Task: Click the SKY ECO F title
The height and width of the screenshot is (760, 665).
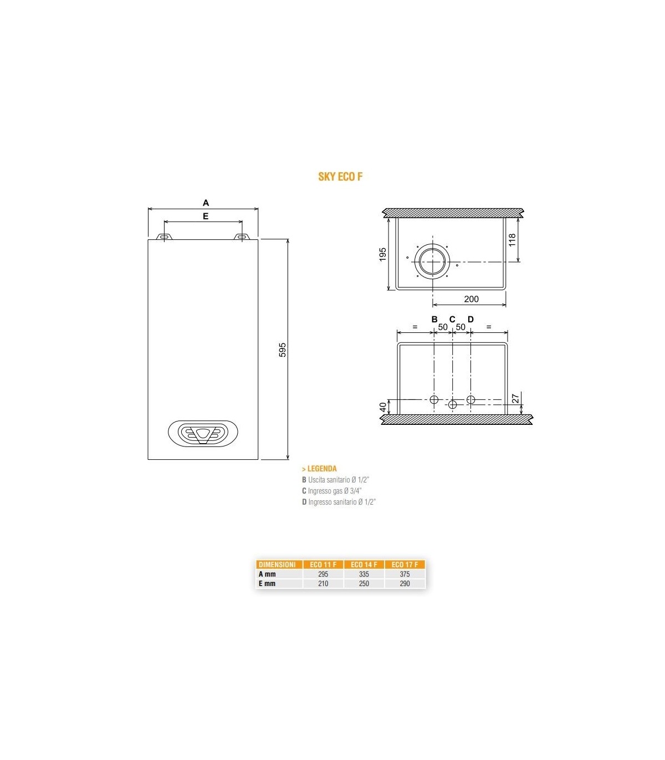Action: [340, 177]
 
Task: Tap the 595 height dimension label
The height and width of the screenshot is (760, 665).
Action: [282, 350]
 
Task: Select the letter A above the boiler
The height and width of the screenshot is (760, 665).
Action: [206, 203]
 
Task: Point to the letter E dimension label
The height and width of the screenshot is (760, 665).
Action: [206, 216]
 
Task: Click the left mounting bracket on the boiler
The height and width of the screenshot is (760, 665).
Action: [164, 237]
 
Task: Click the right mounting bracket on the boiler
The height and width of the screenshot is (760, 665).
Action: [242, 237]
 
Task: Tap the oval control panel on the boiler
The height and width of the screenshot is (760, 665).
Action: [203, 433]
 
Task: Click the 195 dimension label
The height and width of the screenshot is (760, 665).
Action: [383, 254]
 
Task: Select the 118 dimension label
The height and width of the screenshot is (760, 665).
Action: [512, 240]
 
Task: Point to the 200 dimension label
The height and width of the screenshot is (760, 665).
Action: [471, 299]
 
